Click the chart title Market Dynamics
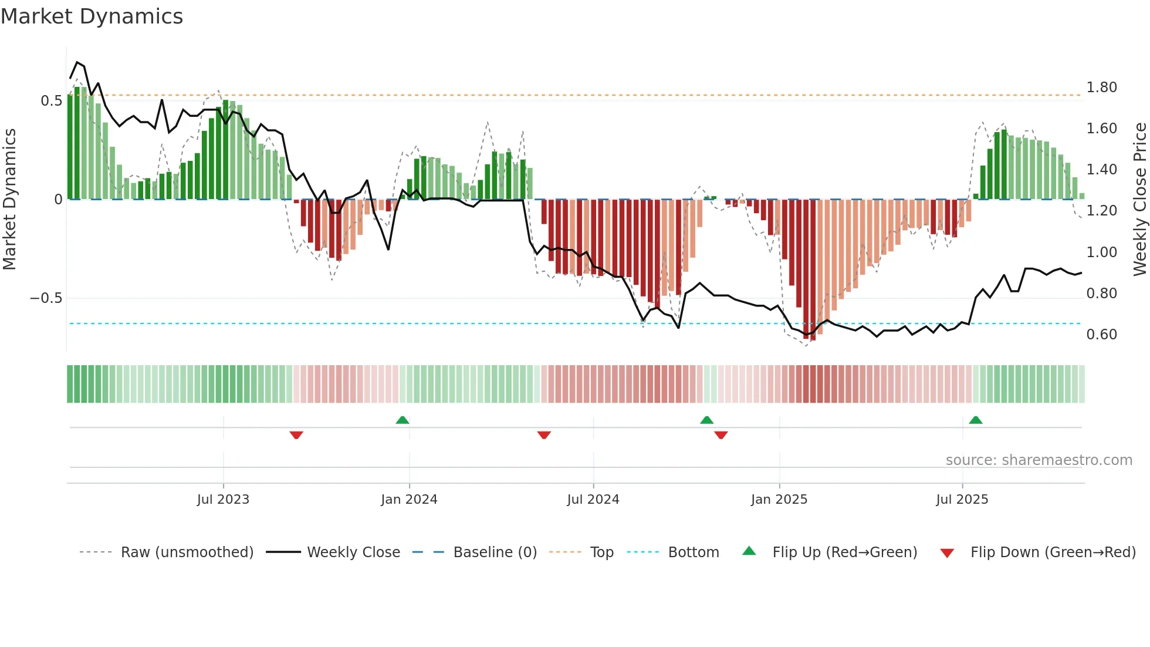(x=92, y=16)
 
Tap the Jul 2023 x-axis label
(x=223, y=500)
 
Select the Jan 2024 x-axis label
(x=409, y=500)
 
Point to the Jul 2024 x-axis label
(x=593, y=500)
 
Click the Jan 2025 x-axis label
(x=779, y=500)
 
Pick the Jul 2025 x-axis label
(x=962, y=500)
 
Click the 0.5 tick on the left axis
(x=51, y=101)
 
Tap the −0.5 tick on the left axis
(x=46, y=298)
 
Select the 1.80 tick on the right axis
(x=1101, y=87)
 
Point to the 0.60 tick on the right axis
(x=1101, y=335)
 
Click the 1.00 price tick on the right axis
(x=1101, y=252)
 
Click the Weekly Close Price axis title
(x=1139, y=199)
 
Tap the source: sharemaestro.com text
(x=1039, y=460)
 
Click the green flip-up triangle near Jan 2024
(x=402, y=420)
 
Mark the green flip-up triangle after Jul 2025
(x=975, y=420)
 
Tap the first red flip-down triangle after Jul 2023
(x=296, y=434)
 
